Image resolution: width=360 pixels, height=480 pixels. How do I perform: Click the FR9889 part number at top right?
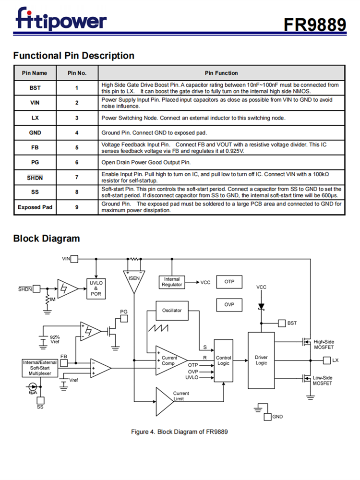314,24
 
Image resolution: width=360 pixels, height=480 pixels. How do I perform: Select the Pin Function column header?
221,73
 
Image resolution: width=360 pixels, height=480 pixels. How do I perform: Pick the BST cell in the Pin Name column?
35,88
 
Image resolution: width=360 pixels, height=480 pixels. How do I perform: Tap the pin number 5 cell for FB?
77,147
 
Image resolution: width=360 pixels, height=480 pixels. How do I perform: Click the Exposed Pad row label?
35,207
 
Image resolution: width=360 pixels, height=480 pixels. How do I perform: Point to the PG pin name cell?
35,162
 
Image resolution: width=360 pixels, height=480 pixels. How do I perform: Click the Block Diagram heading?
47,239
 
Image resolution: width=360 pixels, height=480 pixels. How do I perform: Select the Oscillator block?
172,311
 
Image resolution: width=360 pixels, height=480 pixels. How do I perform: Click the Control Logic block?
223,360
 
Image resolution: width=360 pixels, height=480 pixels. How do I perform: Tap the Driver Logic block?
261,360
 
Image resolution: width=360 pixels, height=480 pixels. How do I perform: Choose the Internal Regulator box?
172,282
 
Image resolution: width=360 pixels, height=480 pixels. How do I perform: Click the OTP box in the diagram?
229,282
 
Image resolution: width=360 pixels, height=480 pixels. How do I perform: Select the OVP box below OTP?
229,304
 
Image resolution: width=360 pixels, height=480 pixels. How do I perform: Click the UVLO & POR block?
96,288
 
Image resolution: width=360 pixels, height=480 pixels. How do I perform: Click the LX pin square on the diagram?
327,360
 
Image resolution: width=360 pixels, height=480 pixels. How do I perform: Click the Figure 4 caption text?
180,432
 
